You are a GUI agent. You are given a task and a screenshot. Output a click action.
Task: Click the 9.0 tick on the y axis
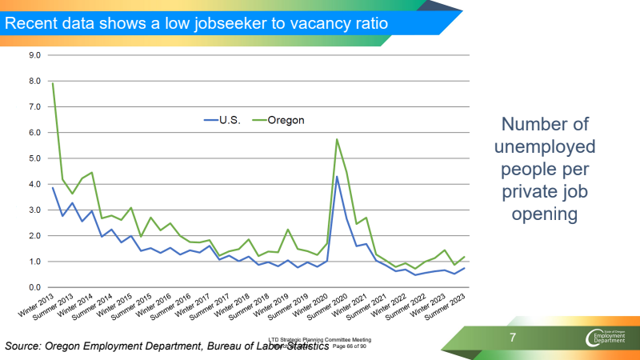tap(35, 55)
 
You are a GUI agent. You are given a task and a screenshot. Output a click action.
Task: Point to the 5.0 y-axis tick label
tap(35, 158)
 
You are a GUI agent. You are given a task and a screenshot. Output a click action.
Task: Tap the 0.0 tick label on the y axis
tap(35, 287)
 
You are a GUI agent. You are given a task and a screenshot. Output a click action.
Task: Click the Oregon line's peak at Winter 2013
tap(53, 83)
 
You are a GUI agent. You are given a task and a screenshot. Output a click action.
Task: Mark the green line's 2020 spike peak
tap(337, 139)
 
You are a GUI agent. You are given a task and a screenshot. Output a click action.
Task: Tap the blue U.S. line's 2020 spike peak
tap(337, 177)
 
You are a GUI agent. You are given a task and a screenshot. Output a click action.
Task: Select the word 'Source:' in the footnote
tap(26, 346)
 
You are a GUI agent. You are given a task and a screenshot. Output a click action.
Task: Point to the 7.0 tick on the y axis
tap(35, 106)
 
